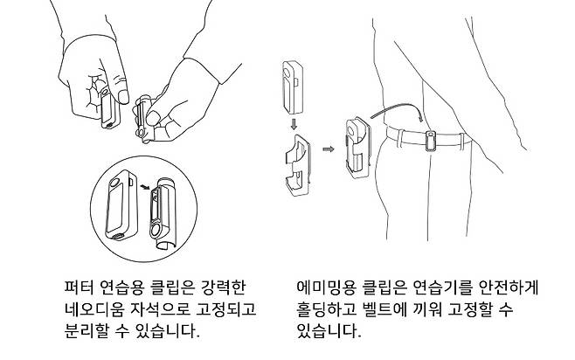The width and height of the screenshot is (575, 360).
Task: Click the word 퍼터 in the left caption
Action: [79, 287]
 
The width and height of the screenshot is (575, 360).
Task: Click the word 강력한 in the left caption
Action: [224, 287]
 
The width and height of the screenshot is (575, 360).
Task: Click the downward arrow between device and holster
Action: [294, 123]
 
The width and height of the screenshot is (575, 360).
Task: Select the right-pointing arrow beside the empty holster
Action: [329, 149]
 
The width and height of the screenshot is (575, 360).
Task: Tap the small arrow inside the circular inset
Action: [145, 187]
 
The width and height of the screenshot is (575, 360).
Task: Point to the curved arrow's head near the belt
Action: [419, 118]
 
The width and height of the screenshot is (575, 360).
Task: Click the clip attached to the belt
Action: [431, 142]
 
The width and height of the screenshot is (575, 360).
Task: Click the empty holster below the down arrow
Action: [298, 165]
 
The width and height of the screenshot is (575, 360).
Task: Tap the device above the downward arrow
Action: [293, 87]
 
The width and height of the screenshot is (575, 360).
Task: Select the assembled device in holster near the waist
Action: [357, 148]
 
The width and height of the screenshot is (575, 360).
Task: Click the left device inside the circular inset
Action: [121, 205]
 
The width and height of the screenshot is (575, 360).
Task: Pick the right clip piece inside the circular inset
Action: [163, 213]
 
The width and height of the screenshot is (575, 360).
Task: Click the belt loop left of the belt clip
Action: [401, 138]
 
